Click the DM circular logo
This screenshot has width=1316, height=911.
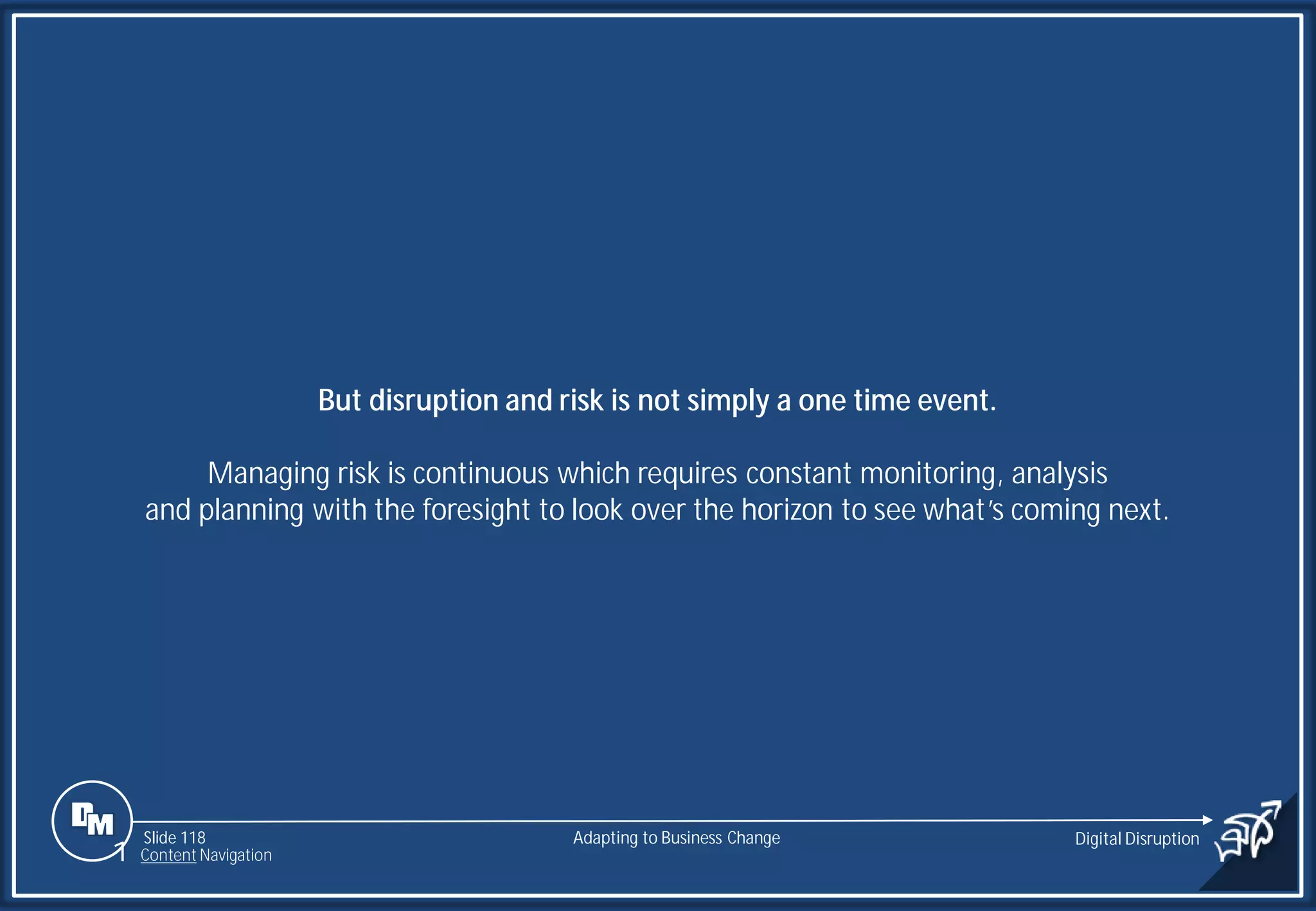click(92, 820)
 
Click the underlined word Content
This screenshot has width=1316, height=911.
click(168, 855)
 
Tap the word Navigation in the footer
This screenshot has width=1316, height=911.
click(235, 855)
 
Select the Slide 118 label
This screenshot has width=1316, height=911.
click(174, 838)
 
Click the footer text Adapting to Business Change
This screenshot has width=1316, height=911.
click(676, 838)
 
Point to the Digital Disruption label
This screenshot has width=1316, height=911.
click(1137, 838)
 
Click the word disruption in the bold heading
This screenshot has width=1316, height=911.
click(433, 400)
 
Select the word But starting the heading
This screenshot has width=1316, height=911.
click(339, 400)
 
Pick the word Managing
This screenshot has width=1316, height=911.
click(268, 474)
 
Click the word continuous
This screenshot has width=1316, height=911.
click(480, 473)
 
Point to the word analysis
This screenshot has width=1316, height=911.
click(1059, 474)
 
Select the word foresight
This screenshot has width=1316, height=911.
click(476, 510)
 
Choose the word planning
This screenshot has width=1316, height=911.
click(251, 511)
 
